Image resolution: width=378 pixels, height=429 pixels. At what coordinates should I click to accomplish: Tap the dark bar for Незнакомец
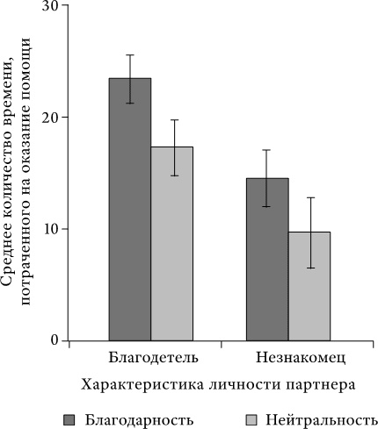click(267, 259)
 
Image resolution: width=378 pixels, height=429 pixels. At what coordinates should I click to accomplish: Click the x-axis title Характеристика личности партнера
click(219, 384)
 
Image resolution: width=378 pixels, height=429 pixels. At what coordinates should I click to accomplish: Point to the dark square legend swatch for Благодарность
click(69, 418)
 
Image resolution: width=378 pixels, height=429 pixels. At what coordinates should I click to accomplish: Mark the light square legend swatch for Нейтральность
click(249, 418)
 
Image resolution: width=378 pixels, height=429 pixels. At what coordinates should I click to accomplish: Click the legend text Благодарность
click(129, 418)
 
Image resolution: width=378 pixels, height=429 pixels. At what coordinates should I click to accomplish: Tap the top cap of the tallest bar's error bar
click(129, 54)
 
